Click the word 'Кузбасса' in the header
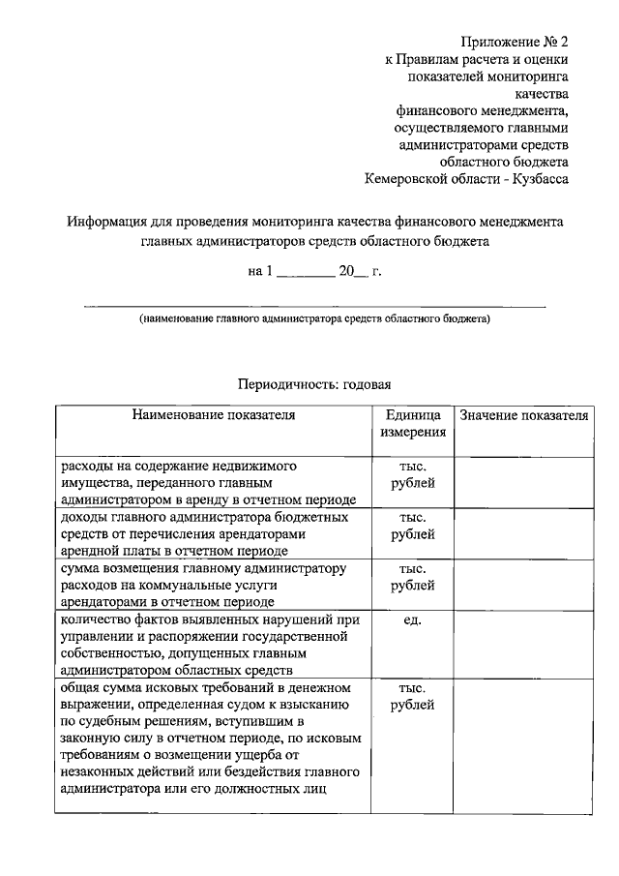533,179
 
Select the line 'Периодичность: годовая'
314,383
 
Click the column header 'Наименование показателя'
214,415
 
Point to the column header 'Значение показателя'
523,415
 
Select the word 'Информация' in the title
106,222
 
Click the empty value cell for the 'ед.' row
523,644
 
